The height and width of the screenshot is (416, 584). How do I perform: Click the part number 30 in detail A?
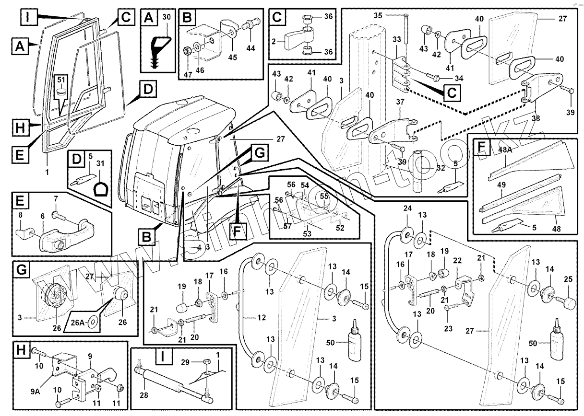tap(167, 17)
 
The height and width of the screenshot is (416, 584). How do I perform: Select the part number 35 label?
tap(378, 15)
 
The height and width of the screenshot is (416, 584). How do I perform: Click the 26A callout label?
tap(77, 323)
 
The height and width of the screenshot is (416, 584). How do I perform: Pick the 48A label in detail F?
tap(505, 150)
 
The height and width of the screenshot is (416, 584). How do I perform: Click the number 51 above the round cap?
tap(61, 80)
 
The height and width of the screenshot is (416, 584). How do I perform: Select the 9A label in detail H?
tap(35, 391)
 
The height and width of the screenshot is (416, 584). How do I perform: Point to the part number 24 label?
tap(407, 208)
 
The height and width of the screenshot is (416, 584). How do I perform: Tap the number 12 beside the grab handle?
tap(262, 318)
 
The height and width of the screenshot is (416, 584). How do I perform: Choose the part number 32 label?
tap(441, 168)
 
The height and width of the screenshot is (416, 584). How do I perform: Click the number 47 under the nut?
tap(188, 74)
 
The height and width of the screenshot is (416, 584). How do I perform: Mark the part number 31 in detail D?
tap(100, 163)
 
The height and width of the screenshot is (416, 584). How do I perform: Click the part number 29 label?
tap(185, 362)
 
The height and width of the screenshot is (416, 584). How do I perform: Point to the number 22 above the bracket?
tap(457, 260)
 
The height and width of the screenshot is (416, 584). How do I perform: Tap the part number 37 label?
tap(400, 102)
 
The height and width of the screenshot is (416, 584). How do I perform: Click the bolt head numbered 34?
tap(435, 77)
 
